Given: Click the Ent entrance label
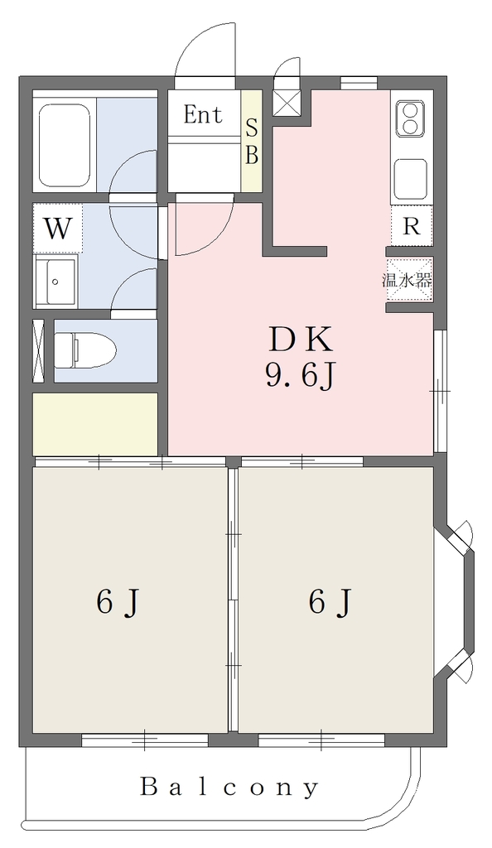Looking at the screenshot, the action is (203, 114).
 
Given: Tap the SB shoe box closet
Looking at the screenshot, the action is (252, 141).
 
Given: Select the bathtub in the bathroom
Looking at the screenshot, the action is (65, 144).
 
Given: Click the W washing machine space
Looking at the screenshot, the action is (57, 229).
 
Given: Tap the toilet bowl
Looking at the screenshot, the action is (86, 350).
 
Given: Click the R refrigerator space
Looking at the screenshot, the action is (412, 225).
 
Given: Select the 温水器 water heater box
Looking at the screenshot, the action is (408, 280).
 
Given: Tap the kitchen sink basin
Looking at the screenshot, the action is (410, 179).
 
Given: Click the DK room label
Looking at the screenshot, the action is (299, 340).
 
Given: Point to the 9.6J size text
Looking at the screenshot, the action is (298, 375).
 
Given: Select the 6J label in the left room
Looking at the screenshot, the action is (118, 602).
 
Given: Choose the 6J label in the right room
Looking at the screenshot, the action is (330, 602).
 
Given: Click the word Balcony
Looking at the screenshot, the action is (229, 788).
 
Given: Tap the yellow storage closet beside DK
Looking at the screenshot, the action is (96, 424).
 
